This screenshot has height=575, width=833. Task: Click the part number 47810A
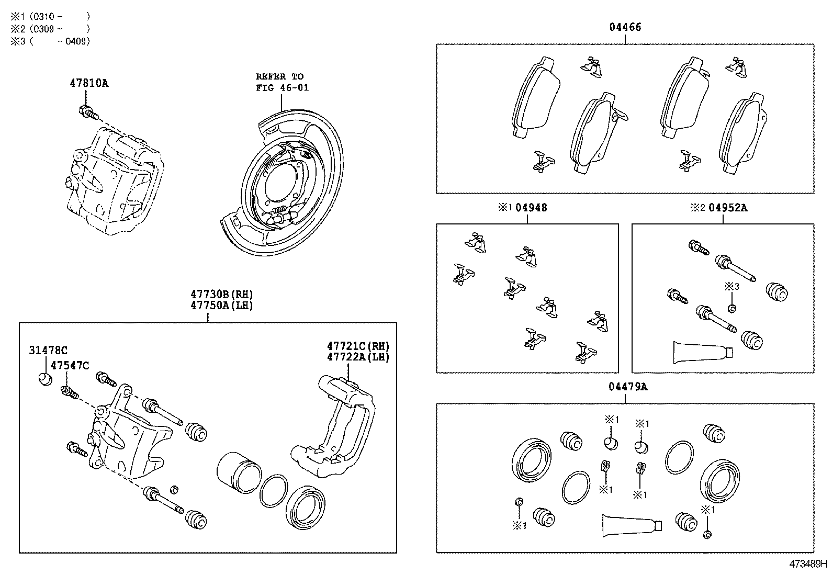tap(89, 83)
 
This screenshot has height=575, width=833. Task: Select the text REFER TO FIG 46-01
tap(282, 82)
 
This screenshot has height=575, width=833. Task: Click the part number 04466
tap(625, 27)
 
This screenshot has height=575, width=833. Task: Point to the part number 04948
tap(531, 208)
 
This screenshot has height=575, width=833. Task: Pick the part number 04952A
tap(728, 208)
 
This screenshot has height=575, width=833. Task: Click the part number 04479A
tap(628, 387)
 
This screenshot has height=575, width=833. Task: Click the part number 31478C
tap(48, 351)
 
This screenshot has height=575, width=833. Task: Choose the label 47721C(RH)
tap(358, 346)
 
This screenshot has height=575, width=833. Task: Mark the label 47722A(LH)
tap(358, 357)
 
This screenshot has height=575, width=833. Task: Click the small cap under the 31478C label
tap(46, 379)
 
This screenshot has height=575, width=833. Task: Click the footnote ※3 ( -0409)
tap(50, 41)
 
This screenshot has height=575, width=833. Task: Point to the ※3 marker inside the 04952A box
tap(731, 286)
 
